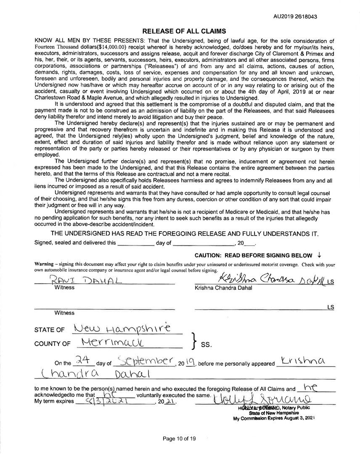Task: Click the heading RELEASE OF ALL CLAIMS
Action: [x=184, y=31]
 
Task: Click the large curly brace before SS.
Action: [x=194, y=341]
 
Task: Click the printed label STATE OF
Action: [x=50, y=330]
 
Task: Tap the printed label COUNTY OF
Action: [x=53, y=344]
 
